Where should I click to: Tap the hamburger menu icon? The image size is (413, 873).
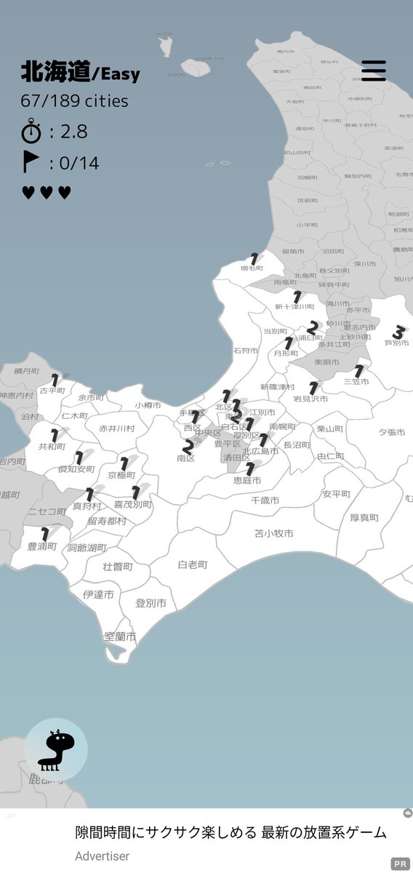[374, 70]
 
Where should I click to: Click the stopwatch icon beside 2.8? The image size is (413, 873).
[31, 132]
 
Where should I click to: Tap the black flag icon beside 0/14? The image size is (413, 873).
[31, 162]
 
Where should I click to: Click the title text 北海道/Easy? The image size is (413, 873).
[80, 73]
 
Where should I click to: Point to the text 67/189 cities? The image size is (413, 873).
[74, 101]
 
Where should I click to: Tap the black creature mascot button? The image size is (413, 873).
[56, 749]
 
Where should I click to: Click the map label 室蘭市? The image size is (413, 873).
[121, 636]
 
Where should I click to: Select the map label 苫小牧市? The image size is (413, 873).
[274, 533]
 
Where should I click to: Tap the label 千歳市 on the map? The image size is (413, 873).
[265, 501]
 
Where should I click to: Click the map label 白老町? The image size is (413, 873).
[193, 564]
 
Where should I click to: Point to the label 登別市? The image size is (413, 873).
[151, 603]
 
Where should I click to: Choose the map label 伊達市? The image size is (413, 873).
[98, 594]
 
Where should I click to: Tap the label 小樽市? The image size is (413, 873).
[149, 406]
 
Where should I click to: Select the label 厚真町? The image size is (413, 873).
[364, 517]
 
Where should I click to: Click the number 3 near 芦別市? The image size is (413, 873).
[398, 332]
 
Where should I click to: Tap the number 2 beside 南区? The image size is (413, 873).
[188, 446]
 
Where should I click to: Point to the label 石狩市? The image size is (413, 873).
[246, 351]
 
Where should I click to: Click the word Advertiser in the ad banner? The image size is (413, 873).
[103, 856]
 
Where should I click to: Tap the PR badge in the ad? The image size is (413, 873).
[400, 864]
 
